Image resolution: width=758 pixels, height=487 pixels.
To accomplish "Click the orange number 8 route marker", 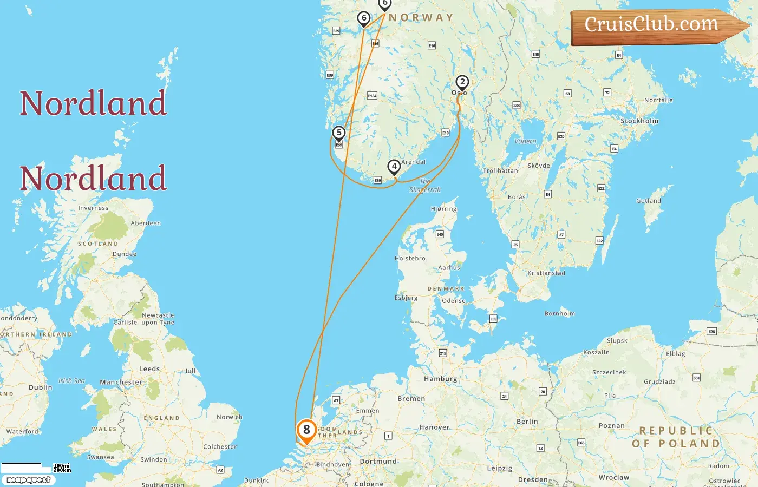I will pos(306,431).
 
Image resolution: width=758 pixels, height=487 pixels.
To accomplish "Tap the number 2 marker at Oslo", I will pos(462,82).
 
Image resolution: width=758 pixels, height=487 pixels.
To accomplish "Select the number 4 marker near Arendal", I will pos(394,167).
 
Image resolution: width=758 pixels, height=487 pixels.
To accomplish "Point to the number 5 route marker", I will pos(339,133).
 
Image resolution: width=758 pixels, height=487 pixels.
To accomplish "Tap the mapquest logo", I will pos(28,480).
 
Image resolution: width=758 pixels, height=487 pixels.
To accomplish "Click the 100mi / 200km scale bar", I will pos(36,468).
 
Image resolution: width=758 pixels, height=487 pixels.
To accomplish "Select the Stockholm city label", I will pos(639,121).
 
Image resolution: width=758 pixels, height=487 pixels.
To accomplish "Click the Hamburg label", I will pos(441,379).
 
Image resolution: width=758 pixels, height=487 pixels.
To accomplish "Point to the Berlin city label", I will pos(527,422).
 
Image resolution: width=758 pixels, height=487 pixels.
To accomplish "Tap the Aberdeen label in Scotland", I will pos(146,223).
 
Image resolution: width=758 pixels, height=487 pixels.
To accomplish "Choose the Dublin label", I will pos(41,387).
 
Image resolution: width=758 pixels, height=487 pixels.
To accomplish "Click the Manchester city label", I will pos(121,382).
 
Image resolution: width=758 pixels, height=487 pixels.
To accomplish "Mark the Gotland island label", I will pos(649,201).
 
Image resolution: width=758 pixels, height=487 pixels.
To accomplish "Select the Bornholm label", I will pos(560,314).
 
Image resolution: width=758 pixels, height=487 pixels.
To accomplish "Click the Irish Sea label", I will pos(71,381).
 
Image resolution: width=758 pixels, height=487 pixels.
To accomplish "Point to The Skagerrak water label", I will pos(425,186).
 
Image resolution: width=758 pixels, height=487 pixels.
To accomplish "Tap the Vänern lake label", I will pos(525,141).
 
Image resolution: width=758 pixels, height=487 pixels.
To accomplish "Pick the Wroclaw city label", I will pos(614,478).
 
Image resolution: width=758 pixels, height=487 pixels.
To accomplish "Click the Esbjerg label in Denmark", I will pos(406,298).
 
